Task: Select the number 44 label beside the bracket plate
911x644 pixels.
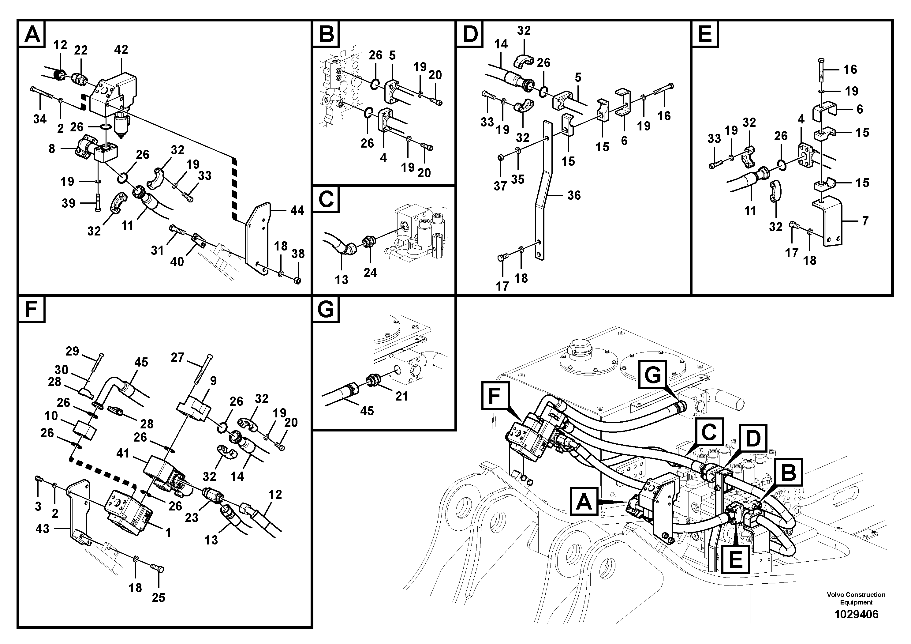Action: coord(297,210)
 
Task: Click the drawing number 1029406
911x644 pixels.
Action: coord(856,615)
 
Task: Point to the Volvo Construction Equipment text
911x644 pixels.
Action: coord(856,598)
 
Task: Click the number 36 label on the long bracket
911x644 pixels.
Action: coord(574,195)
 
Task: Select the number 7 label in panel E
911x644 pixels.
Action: coord(865,221)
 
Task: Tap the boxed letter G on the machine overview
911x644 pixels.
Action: coord(653,375)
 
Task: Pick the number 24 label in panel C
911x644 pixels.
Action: coord(370,273)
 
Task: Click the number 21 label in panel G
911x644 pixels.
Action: coord(401,396)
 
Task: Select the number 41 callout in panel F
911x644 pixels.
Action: coord(123,453)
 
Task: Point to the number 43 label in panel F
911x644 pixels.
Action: coord(43,529)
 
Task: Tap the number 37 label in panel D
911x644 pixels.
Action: coord(500,186)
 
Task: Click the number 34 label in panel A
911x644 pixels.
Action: coord(40,119)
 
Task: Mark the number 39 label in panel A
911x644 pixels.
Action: coord(68,203)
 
